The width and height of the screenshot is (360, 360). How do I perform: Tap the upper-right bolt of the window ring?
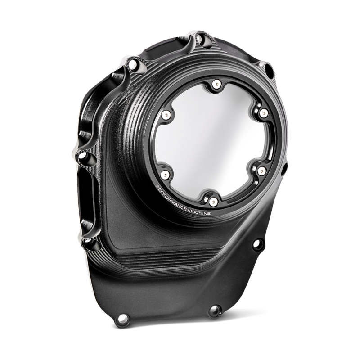(x=264, y=111)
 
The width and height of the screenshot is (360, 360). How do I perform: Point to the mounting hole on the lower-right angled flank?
(x=257, y=243)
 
